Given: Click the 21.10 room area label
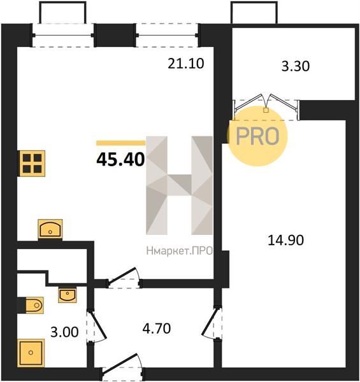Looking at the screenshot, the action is pos(185,64).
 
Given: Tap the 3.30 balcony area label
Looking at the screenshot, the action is pos(296,66).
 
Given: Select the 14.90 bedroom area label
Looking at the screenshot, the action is pos(285,240).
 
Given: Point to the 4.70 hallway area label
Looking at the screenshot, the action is pos(157,329).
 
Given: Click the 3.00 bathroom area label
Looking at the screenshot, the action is pos(64,332).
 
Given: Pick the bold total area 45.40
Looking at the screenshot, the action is pos(120,160).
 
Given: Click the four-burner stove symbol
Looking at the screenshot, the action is pos(32,163).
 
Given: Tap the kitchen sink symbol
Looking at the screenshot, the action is pos(50,229).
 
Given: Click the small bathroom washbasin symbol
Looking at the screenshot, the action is pos(68,295).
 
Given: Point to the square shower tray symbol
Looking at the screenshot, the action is pos(31,353).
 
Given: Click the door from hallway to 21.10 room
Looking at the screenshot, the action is pos(124,277).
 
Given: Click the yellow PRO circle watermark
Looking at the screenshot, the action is pos(257,136).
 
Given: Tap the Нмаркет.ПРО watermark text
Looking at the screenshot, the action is pos(180,251).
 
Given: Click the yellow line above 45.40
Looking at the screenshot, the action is pos(121,143).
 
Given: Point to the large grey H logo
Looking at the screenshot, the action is pos(180,185).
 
